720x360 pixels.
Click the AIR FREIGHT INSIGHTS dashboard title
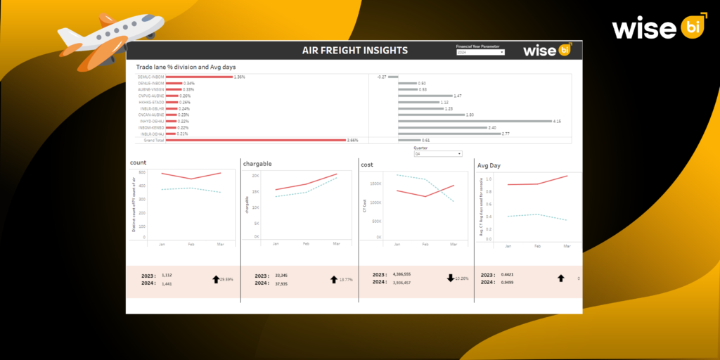(354, 51)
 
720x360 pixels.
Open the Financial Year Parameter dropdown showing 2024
(480, 53)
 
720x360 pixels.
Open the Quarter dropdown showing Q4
(438, 153)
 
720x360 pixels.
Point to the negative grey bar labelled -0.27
(393, 77)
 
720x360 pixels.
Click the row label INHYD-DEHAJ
(151, 121)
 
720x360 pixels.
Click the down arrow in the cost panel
(450, 278)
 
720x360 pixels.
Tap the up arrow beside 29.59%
(216, 279)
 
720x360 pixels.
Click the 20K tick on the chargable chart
(256, 176)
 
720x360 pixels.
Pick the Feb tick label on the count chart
(190, 244)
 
